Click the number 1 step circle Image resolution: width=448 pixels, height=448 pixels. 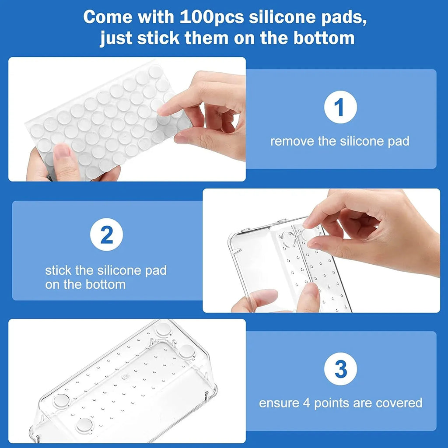(x=340, y=107)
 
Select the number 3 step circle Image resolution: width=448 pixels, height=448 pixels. (x=340, y=369)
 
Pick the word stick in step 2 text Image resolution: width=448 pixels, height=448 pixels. (x=59, y=270)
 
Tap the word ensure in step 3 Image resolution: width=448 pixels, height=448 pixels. (x=277, y=402)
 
